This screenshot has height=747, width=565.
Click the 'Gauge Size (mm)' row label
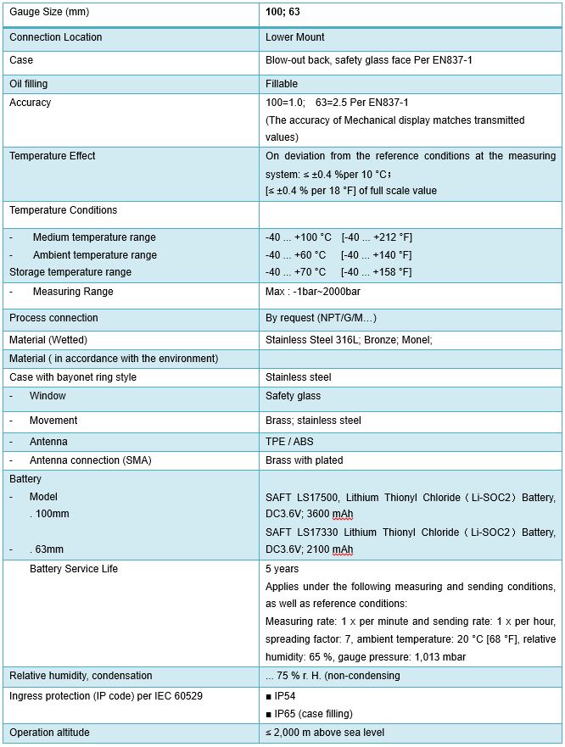coord(48,13)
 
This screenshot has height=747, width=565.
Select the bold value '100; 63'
coord(282,13)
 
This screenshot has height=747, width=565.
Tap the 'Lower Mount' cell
coord(295,37)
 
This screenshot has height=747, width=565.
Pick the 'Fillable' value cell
coord(282,84)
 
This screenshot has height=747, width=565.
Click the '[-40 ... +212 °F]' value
coord(377,237)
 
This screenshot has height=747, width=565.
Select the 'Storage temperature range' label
coord(70,272)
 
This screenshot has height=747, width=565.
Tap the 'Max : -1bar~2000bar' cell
coord(314,292)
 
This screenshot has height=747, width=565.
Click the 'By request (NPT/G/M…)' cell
coord(321,318)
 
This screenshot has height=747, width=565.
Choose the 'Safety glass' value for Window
coord(293,396)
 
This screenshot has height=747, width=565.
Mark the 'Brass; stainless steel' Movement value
coord(313,421)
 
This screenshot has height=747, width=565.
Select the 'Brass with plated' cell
coord(305,460)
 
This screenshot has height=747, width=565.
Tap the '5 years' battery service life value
coord(282,569)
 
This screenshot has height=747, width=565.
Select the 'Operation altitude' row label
coord(49,733)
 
